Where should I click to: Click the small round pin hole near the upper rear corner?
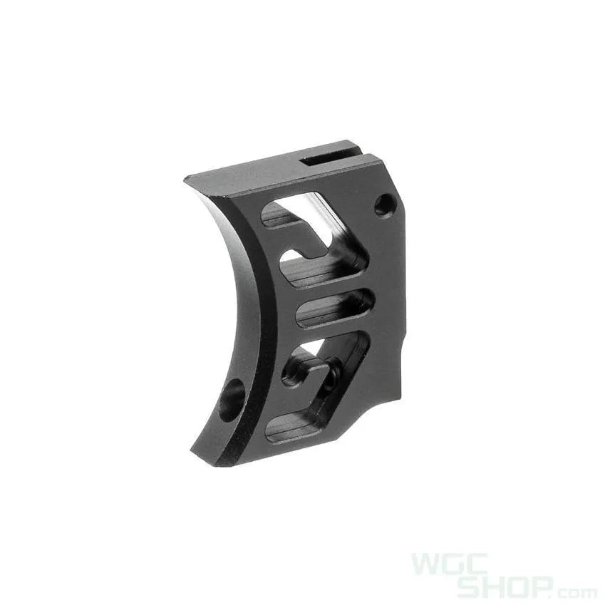coord(385,205)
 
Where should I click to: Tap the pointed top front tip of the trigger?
coord(187,178)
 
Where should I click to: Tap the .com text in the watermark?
coord(576,592)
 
